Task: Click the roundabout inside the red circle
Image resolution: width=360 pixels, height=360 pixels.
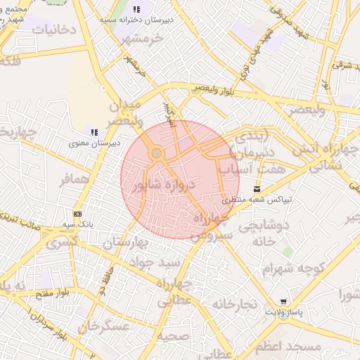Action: click(x=157, y=153)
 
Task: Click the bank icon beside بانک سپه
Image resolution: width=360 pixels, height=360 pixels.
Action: click(x=77, y=214)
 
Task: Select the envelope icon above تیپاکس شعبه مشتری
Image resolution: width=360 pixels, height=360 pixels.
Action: click(x=257, y=188)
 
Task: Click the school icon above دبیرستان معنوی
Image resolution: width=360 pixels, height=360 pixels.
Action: click(x=94, y=131)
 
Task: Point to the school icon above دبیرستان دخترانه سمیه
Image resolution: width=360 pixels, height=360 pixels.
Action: click(x=136, y=10)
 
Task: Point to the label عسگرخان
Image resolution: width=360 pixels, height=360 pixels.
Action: click(x=105, y=328)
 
